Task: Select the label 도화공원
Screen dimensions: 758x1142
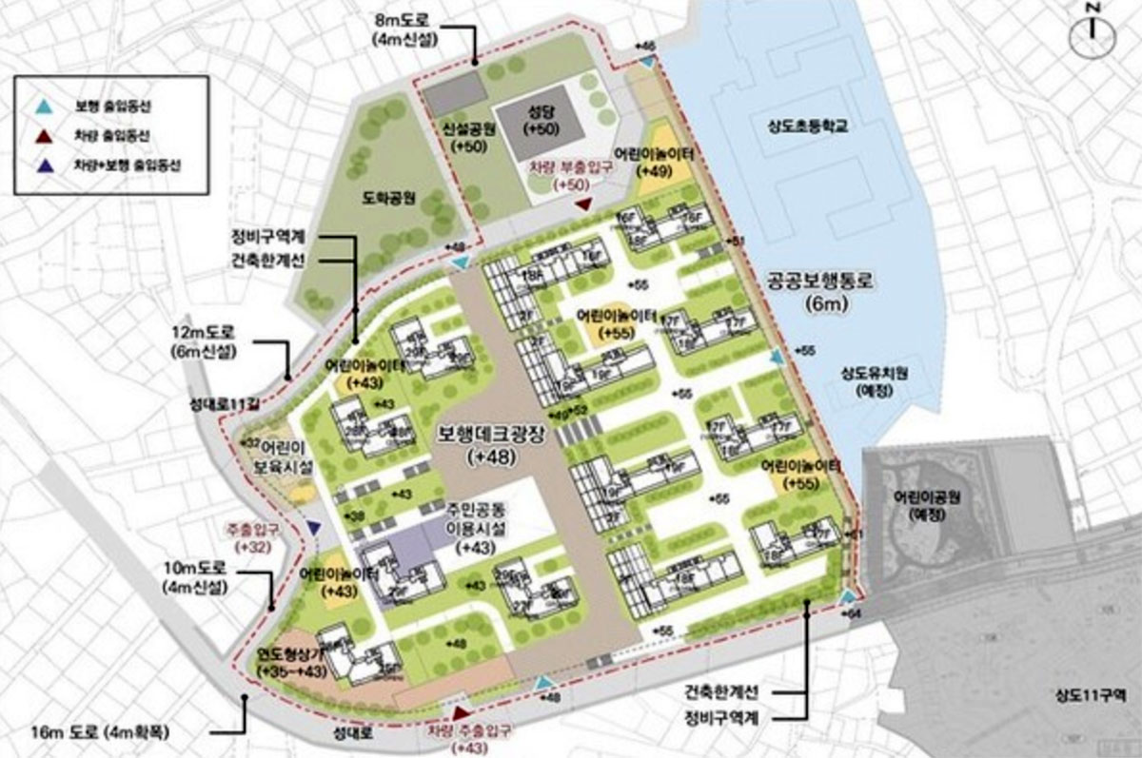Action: (389, 199)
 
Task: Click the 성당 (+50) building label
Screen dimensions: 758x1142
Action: (540, 120)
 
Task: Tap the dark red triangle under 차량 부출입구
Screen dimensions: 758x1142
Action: (583, 204)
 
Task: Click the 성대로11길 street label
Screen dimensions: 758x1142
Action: (225, 404)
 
